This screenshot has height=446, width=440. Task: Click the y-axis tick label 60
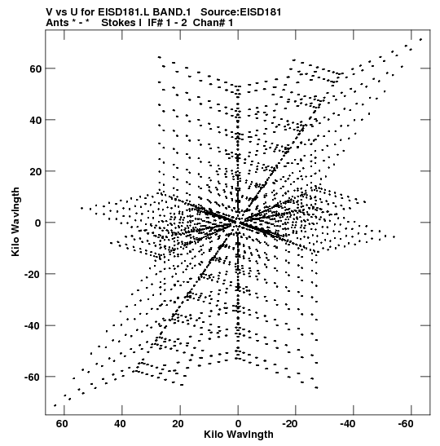pyautogui.click(x=35, y=68)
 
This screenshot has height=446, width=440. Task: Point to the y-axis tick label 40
pyautogui.click(x=35, y=120)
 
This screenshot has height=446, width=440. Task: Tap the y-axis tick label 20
pyautogui.click(x=35, y=171)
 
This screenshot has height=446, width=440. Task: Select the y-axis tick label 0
pyautogui.click(x=38, y=223)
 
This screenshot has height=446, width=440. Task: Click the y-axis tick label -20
pyautogui.click(x=33, y=274)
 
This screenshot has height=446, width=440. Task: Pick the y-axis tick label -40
pyautogui.click(x=33, y=325)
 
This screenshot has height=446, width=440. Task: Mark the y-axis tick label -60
pyautogui.click(x=33, y=378)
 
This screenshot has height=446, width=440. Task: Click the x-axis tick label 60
pyautogui.click(x=62, y=424)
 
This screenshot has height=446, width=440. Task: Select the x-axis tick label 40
pyautogui.click(x=120, y=424)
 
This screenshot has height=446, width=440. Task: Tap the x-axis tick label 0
pyautogui.click(x=238, y=424)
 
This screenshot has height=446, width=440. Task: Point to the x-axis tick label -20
pyautogui.click(x=290, y=424)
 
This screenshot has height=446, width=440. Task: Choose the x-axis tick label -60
pyautogui.click(x=405, y=424)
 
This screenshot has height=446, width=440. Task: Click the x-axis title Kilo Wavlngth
pyautogui.click(x=239, y=435)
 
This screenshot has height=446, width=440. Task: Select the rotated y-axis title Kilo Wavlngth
pyautogui.click(x=15, y=222)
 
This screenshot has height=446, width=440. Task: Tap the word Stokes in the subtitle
pyautogui.click(x=118, y=23)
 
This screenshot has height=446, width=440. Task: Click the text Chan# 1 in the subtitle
pyautogui.click(x=213, y=23)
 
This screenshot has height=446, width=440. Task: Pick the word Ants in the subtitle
pyautogui.click(x=57, y=23)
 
